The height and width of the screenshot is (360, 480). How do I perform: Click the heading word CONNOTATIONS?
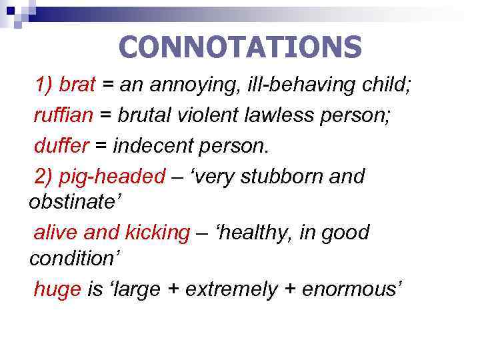click(x=240, y=47)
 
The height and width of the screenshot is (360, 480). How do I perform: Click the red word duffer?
click(x=58, y=145)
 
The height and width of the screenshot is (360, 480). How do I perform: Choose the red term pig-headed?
click(x=112, y=177)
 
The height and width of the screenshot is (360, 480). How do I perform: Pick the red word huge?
click(x=57, y=289)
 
